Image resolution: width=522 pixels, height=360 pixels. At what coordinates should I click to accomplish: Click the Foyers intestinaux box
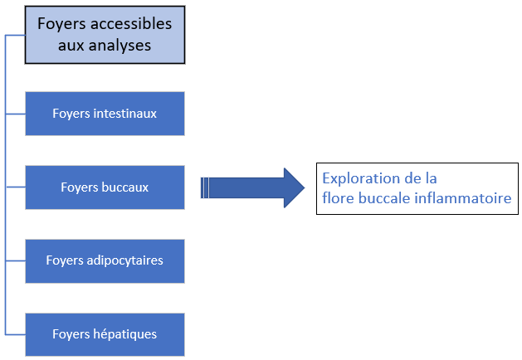[105, 114]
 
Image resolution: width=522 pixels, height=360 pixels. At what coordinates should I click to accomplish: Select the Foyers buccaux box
[105, 187]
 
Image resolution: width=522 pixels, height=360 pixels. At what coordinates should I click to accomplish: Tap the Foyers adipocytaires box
[105, 260]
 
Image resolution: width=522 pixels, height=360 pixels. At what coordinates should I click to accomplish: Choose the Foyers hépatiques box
[105, 334]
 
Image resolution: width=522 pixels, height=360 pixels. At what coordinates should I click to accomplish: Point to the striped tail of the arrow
[207, 187]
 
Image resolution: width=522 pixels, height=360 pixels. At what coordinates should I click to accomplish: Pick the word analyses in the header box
[121, 46]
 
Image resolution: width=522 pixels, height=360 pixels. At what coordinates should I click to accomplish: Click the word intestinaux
[125, 114]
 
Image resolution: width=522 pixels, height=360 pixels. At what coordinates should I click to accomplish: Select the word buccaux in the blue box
[125, 187]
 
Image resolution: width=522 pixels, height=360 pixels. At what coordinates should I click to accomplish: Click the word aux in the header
[72, 46]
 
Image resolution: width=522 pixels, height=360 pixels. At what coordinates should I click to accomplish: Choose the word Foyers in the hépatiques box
[71, 334]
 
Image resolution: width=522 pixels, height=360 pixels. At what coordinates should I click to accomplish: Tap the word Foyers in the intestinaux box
[71, 114]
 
